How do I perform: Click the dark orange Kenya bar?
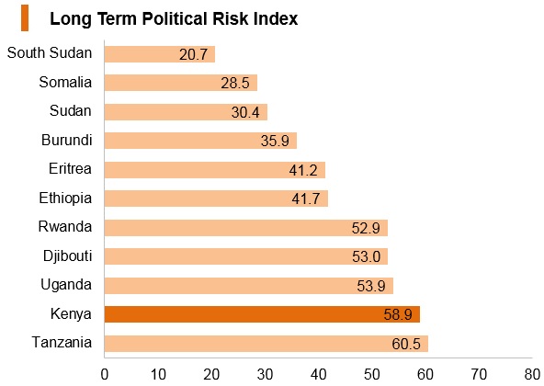click(262, 314)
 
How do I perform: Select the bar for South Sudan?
click(160, 54)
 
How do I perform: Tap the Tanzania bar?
click(266, 344)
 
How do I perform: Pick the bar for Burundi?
click(200, 141)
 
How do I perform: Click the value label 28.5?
click(235, 83)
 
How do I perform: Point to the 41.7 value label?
click(306, 199)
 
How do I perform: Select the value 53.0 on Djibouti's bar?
click(367, 256)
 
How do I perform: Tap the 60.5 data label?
click(406, 344)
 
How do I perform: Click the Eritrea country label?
click(70, 169)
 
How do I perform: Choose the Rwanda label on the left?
click(65, 226)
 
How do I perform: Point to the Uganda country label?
click(66, 285)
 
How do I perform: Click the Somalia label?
click(65, 83)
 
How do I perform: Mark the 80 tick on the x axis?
click(532, 375)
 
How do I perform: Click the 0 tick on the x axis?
click(105, 375)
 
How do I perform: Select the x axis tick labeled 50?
click(372, 375)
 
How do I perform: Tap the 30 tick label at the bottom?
click(265, 375)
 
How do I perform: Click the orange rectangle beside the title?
click(25, 18)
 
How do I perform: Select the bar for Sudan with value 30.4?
click(186, 112)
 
